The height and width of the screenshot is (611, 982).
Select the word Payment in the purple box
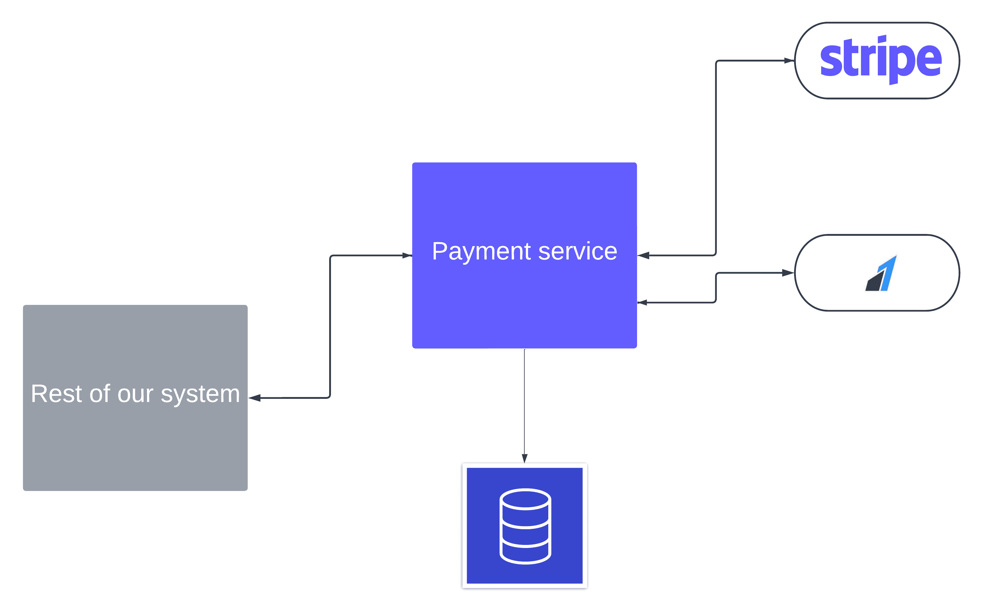click(x=481, y=252)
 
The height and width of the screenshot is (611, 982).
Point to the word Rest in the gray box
click(x=57, y=394)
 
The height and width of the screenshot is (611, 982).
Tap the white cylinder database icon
click(x=525, y=526)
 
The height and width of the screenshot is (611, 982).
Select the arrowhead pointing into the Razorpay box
click(x=788, y=273)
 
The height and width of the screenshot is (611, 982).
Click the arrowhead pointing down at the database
click(x=525, y=459)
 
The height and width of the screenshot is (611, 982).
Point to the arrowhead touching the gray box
click(x=255, y=398)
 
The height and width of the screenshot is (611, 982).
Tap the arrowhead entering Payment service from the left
click(x=407, y=255)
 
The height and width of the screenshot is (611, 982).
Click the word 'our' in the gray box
click(x=135, y=395)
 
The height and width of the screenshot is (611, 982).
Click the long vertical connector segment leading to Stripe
click(x=716, y=158)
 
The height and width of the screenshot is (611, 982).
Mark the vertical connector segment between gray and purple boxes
click(x=330, y=326)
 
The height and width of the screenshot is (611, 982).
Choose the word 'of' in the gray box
click(x=100, y=394)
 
